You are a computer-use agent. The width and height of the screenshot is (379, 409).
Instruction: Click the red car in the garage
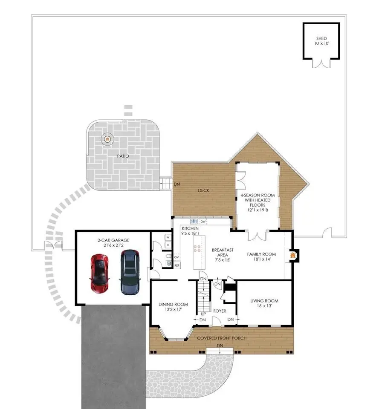[x=100, y=273]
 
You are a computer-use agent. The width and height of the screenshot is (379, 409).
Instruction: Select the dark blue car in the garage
[x=130, y=272]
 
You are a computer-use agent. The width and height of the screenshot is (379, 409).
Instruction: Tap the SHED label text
[x=321, y=38]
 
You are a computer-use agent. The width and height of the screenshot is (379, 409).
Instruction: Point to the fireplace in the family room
[x=294, y=255]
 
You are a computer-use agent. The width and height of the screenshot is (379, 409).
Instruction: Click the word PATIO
[x=123, y=156]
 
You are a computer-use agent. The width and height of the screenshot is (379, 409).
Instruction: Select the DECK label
[x=204, y=190]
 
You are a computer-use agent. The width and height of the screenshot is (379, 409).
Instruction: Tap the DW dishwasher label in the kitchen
[x=203, y=222]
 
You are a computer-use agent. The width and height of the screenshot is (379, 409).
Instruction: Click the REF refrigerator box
[x=176, y=265]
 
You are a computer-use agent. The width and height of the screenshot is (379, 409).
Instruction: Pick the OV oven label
[x=176, y=257]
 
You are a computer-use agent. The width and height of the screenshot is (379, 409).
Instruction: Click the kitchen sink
[x=194, y=222]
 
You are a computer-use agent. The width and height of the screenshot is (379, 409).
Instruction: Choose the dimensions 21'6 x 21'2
[x=113, y=245]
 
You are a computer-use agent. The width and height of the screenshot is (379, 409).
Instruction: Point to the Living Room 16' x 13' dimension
[x=264, y=306]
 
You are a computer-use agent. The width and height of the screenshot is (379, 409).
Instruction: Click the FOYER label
[x=220, y=311]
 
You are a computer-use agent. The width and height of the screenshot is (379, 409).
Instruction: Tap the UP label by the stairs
[x=203, y=314]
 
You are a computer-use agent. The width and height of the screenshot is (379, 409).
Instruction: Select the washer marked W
[x=168, y=237]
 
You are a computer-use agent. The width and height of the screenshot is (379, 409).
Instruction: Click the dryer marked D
[x=168, y=245]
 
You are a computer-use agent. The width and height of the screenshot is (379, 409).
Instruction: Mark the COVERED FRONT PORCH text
[x=222, y=338]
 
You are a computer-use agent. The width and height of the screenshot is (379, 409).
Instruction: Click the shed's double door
[x=321, y=63]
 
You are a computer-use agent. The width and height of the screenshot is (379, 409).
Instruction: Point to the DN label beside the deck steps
[x=177, y=184]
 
